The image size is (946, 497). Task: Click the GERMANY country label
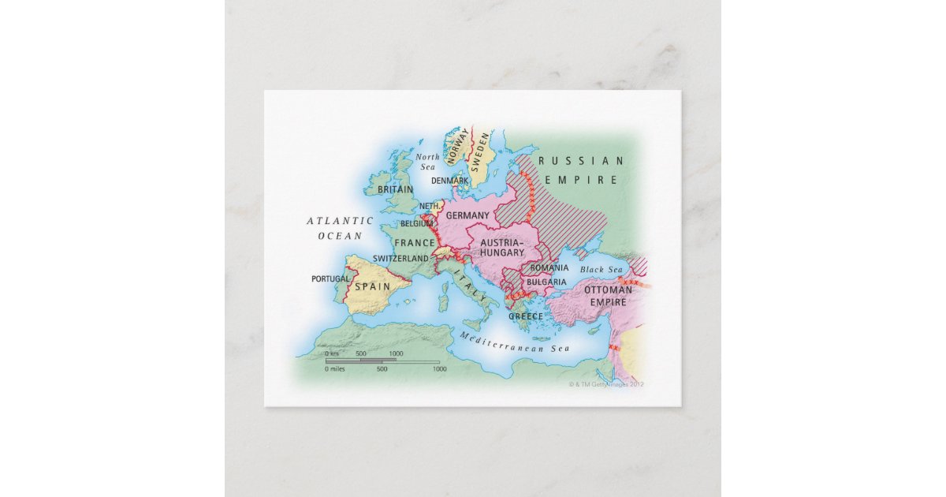coord(468,215)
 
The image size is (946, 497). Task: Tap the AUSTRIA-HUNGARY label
coord(502,247)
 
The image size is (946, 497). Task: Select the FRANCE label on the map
coord(415,243)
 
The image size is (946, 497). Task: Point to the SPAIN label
coord(371,286)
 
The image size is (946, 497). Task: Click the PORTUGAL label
coord(330,278)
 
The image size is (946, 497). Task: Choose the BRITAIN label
coord(395,190)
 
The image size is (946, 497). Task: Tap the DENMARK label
coord(450,181)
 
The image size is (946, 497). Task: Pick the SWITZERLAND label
coord(400,258)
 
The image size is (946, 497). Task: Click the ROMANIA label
coord(549,268)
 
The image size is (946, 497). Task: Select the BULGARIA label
coord(546,282)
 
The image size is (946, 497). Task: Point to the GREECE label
coord(525,316)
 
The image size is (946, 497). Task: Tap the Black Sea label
coord(602,270)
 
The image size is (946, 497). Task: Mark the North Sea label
coord(427,162)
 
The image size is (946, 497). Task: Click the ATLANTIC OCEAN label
coord(340,228)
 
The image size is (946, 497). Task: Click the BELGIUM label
coord(417,223)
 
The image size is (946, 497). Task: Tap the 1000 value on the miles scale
coord(439,369)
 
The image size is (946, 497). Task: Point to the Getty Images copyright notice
coord(606,384)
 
